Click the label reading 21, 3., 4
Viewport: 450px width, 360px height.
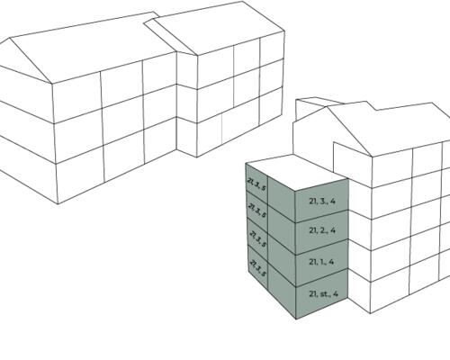point(322,201)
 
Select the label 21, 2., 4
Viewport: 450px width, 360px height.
point(322,230)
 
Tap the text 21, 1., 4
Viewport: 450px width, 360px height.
point(321,262)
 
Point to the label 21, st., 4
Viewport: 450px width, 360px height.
point(323,293)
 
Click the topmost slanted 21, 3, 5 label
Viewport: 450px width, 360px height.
point(256,184)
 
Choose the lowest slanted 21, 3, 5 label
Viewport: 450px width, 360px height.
point(257,268)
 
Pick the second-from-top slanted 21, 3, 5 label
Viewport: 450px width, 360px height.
point(257,211)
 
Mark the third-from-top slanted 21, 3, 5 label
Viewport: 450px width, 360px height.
point(257,239)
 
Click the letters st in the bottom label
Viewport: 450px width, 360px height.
point(324,294)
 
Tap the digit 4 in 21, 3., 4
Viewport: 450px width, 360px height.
point(332,201)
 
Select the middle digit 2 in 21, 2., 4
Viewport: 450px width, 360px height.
point(323,230)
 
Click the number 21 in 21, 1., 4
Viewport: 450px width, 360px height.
point(312,262)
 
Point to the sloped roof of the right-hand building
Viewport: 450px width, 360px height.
point(390,128)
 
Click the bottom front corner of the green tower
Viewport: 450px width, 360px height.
point(296,319)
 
